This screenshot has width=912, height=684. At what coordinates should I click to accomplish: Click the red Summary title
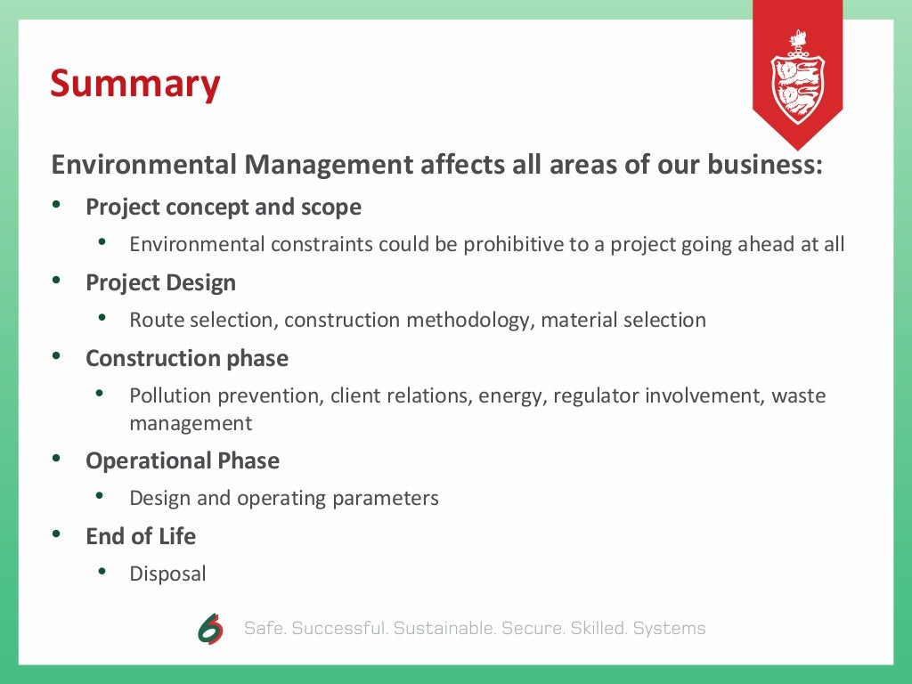(x=134, y=84)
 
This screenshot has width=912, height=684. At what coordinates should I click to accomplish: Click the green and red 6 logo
(x=211, y=629)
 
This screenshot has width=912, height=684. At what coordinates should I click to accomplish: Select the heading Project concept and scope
(x=224, y=208)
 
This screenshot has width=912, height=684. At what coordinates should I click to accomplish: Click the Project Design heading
(x=160, y=283)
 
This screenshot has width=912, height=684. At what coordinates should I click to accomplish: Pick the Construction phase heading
(x=187, y=359)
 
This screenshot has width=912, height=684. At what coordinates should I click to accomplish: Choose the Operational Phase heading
(x=183, y=461)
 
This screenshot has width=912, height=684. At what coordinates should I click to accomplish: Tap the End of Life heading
(x=141, y=537)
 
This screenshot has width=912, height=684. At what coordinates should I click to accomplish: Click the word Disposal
(x=167, y=574)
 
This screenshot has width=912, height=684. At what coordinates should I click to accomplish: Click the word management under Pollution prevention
(x=191, y=424)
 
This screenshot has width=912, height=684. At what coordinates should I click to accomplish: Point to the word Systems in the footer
(x=669, y=629)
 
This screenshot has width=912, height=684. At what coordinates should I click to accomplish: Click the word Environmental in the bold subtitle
(x=143, y=165)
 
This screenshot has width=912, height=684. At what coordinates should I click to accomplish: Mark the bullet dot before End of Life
(x=57, y=536)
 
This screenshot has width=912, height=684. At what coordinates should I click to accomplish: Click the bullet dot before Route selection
(x=102, y=318)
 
